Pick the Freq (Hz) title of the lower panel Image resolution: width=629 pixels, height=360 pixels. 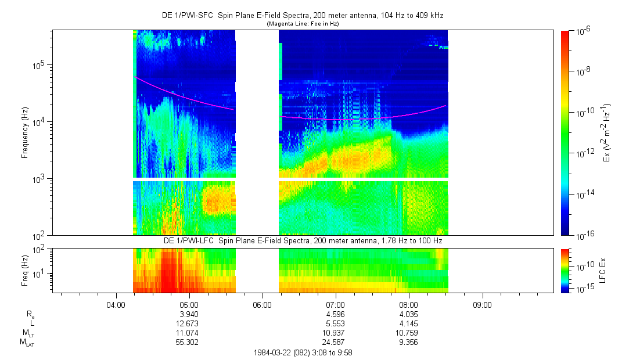point(25,270)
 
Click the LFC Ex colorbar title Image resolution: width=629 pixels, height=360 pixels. point(604,270)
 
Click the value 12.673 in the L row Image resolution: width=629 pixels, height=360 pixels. point(189,322)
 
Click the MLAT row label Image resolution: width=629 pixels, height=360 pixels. point(27,342)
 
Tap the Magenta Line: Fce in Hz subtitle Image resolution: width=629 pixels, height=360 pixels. point(303,24)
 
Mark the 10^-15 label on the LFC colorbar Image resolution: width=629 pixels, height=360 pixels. point(583,289)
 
